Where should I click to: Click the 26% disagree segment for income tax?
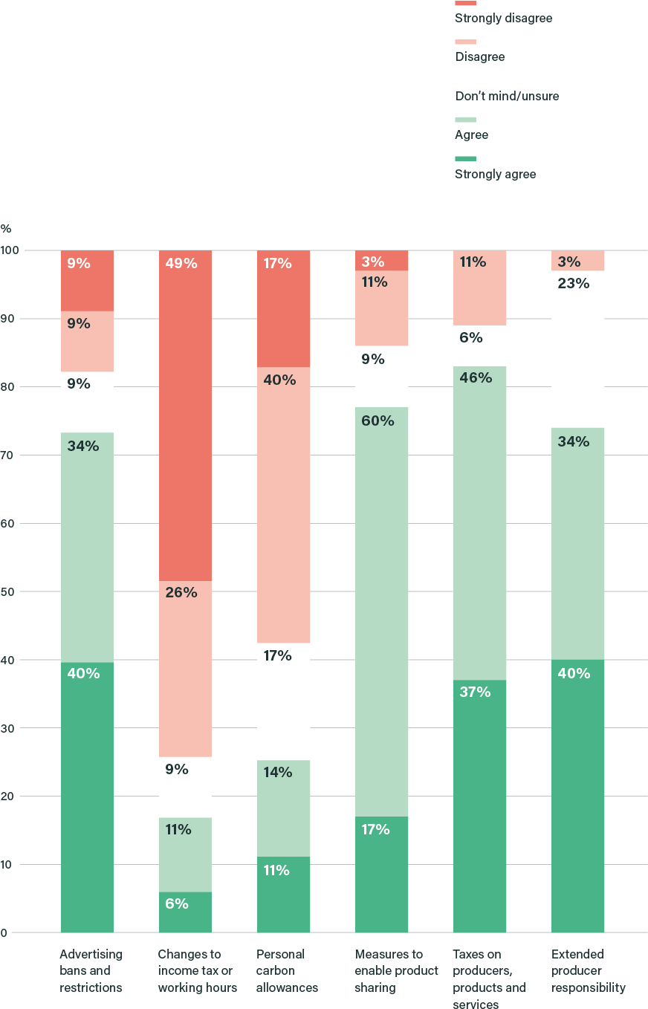pyautogui.click(x=185, y=669)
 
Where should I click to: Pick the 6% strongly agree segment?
pyautogui.click(x=185, y=912)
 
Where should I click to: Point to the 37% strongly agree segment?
pyautogui.click(x=479, y=806)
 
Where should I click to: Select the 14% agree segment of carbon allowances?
pyautogui.click(x=283, y=808)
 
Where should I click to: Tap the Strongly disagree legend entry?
pyautogui.click(x=503, y=18)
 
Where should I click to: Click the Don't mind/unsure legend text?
pyautogui.click(x=506, y=97)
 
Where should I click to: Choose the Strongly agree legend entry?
pyautogui.click(x=495, y=175)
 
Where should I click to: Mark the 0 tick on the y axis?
pyautogui.click(x=4, y=932)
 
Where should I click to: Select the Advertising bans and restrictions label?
pyautogui.click(x=91, y=971)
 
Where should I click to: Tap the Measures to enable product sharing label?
pyautogui.click(x=396, y=971)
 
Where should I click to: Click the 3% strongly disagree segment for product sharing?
pyautogui.click(x=381, y=261)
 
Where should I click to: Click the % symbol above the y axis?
pyautogui.click(x=6, y=229)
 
